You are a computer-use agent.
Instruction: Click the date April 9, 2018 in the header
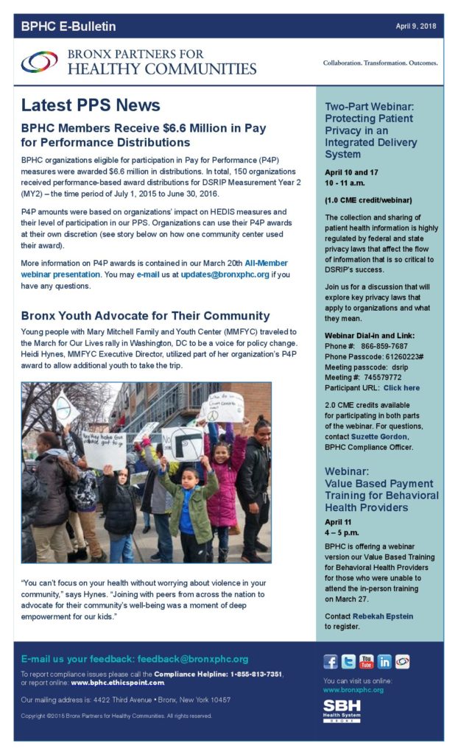(416, 26)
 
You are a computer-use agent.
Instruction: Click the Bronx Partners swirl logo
(39, 62)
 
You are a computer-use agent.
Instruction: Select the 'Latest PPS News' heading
(91, 105)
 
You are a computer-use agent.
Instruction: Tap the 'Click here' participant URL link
(401, 387)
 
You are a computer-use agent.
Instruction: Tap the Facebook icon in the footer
(331, 661)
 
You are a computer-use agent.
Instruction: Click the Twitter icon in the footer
(348, 661)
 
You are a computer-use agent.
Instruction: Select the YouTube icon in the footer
(366, 661)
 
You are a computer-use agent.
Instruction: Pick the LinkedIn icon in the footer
(384, 661)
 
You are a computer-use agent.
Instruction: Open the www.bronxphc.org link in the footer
(353, 690)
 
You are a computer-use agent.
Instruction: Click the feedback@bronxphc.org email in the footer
(198, 659)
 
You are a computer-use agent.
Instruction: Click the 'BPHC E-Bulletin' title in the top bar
(68, 27)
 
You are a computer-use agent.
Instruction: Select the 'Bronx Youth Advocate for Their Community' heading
(146, 316)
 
